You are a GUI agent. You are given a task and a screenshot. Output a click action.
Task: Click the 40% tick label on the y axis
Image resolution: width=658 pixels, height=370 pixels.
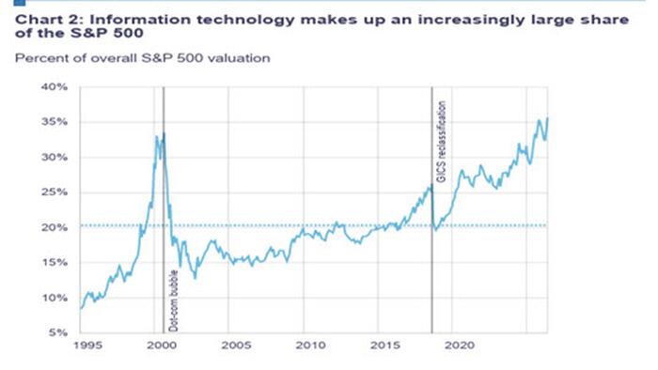point(55,86)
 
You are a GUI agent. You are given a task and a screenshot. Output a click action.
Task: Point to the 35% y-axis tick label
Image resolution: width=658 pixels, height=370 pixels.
point(55,122)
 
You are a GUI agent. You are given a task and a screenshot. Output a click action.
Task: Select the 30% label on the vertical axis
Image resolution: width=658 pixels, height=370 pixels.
point(55,157)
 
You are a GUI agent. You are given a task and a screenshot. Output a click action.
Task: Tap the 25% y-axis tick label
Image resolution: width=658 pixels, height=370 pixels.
point(55,193)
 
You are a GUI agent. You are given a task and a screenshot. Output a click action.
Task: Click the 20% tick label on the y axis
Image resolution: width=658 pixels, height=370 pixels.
point(55,227)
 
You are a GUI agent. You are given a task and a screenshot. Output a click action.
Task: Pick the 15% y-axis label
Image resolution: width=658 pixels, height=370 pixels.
point(55,263)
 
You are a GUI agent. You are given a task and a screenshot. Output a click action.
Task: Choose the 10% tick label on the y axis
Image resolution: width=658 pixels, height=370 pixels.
point(55,298)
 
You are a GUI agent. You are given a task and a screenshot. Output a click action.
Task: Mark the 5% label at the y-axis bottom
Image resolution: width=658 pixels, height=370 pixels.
point(58,332)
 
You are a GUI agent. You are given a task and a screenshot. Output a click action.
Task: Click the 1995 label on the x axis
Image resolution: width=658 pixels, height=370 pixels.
point(88,346)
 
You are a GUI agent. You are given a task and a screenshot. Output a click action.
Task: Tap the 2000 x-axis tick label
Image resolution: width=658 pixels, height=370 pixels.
point(162,346)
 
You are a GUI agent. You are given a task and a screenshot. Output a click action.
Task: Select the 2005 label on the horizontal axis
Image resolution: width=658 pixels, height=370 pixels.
point(236,346)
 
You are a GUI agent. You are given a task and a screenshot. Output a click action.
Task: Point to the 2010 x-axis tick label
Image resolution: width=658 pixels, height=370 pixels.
point(310,346)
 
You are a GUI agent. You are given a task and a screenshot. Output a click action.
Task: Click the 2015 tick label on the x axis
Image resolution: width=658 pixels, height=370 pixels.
point(384,346)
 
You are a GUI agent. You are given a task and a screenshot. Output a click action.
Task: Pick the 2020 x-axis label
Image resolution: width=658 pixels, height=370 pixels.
point(460,346)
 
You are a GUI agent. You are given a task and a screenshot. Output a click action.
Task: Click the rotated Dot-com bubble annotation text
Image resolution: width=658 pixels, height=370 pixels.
point(173,301)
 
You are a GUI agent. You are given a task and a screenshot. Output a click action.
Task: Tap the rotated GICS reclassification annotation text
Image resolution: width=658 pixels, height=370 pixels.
point(442,142)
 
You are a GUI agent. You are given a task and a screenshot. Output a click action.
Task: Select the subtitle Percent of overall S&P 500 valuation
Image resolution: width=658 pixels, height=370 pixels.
point(142,58)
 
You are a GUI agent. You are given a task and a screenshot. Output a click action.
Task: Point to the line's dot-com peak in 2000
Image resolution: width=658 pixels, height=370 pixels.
point(164,132)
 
